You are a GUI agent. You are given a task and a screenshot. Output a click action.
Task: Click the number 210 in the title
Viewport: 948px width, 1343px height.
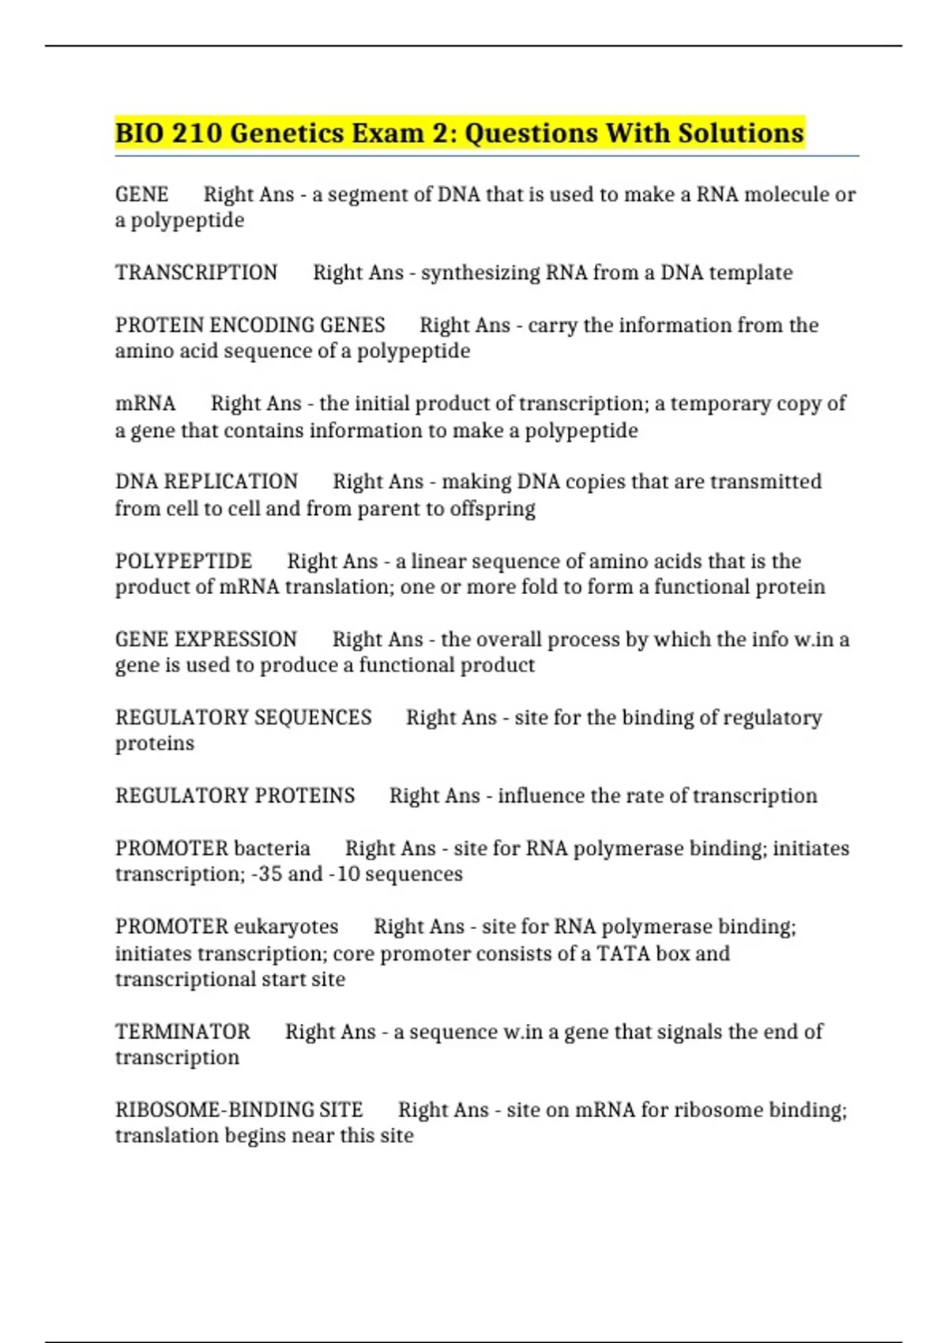tap(196, 133)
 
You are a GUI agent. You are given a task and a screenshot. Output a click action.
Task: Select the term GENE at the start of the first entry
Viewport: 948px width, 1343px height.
tap(141, 194)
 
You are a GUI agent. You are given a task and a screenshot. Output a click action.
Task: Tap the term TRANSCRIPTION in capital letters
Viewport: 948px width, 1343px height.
tap(196, 273)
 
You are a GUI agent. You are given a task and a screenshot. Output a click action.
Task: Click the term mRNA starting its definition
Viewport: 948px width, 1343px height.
tap(145, 404)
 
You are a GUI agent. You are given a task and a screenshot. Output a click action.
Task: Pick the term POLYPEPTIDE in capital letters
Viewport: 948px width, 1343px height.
tap(183, 561)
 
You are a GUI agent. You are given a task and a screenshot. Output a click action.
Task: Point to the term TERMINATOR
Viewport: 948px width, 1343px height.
tap(182, 1032)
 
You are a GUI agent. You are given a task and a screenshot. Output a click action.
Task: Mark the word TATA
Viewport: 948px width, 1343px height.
tap(623, 954)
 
